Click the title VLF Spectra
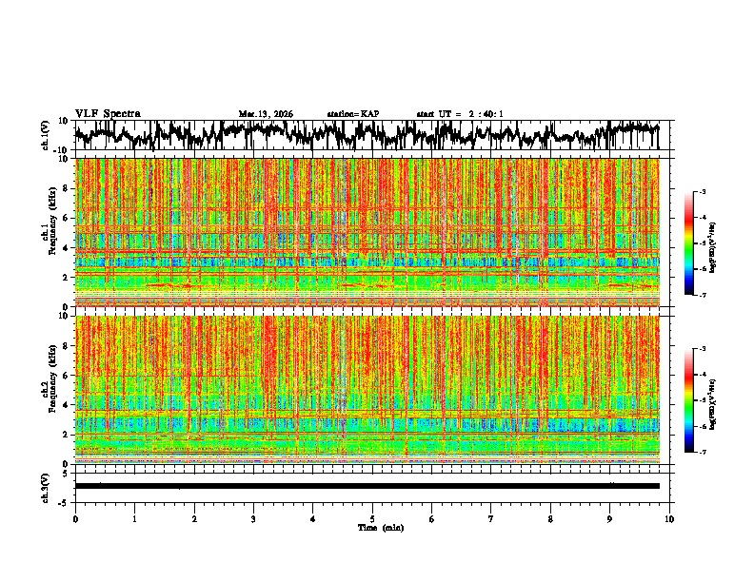pos(108,113)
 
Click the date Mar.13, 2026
pos(266,114)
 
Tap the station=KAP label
pos(352,114)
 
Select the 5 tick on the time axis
pos(372,519)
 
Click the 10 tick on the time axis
pos(669,519)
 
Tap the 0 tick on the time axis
pos(75,519)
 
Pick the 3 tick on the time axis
pos(253,519)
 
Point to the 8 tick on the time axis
pos(550,519)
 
